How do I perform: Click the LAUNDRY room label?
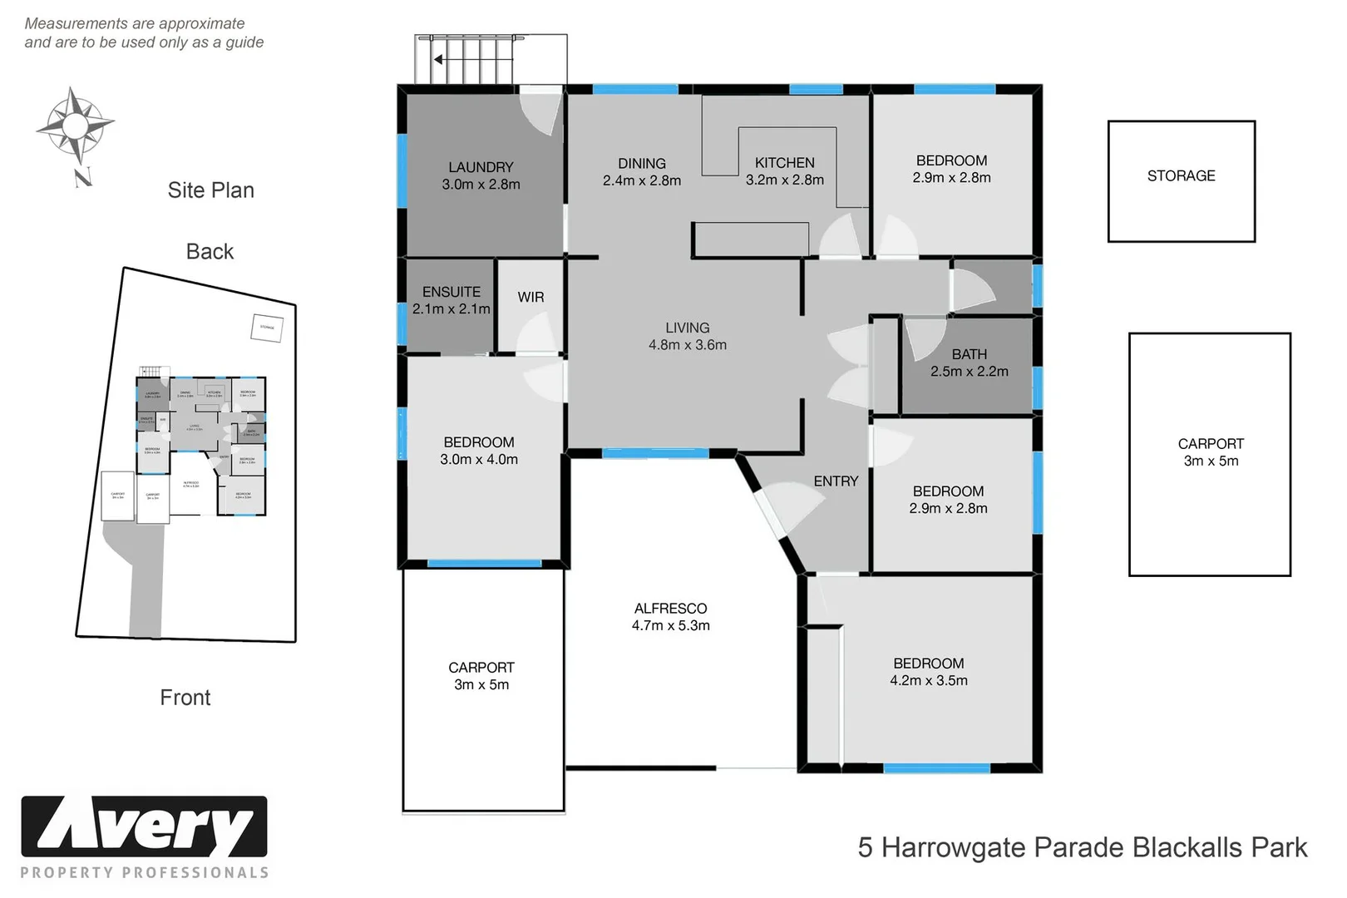click(481, 167)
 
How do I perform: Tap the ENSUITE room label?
click(451, 292)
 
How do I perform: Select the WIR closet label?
click(530, 297)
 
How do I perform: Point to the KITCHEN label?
click(784, 163)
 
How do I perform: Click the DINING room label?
click(641, 164)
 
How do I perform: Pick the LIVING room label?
click(687, 328)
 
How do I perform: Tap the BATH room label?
click(969, 354)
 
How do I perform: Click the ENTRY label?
click(836, 481)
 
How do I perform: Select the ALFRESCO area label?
click(670, 609)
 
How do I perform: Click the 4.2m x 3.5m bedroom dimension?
click(928, 680)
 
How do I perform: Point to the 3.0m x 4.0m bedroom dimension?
click(479, 459)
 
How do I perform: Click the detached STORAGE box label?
click(1181, 175)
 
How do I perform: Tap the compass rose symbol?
click(75, 126)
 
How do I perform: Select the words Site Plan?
click(210, 190)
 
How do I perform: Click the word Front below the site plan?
click(185, 697)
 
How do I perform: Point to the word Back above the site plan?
click(210, 251)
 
